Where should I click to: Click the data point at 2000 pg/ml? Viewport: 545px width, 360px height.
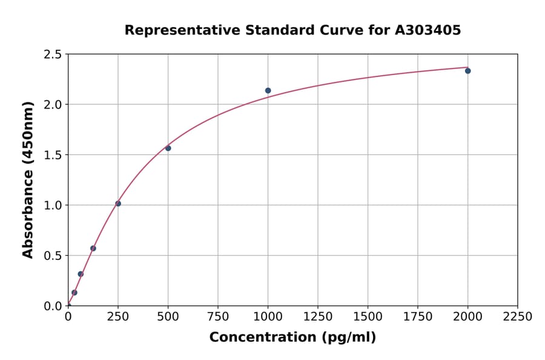(x=467, y=71)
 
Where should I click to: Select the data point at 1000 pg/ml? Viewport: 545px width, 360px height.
(x=268, y=91)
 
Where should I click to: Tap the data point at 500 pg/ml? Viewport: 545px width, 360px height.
(x=168, y=148)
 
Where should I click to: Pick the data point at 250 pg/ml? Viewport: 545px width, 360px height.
(x=118, y=204)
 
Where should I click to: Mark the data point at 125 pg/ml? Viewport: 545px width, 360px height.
(x=93, y=248)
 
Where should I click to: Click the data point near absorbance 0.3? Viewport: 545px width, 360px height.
(x=81, y=274)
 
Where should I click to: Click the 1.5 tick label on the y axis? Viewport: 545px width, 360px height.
(x=53, y=155)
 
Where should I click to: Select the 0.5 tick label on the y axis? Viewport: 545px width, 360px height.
(x=53, y=256)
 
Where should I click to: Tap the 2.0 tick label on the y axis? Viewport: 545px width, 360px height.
(x=53, y=105)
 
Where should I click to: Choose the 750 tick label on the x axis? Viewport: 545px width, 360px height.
(x=218, y=317)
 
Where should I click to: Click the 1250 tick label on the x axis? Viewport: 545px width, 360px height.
(x=318, y=317)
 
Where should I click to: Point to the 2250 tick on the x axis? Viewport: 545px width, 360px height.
(x=518, y=317)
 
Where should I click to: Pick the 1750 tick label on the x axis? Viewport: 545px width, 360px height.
(x=418, y=317)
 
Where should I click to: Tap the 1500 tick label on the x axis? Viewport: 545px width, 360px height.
(x=368, y=317)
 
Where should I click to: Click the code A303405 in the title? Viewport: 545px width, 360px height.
(x=428, y=30)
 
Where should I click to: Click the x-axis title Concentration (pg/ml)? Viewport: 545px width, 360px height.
(x=292, y=338)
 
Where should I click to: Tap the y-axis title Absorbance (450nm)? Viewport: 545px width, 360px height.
(x=28, y=179)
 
